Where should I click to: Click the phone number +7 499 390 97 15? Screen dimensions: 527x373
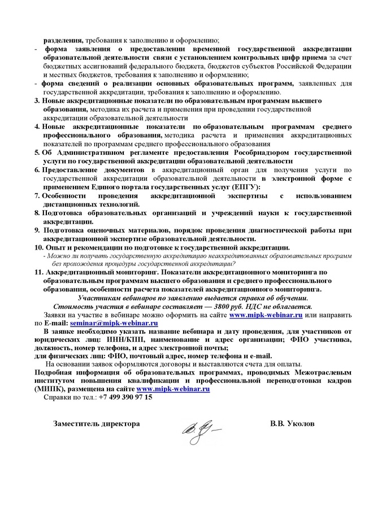tap(125, 397)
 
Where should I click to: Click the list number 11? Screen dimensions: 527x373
tap(38, 272)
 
